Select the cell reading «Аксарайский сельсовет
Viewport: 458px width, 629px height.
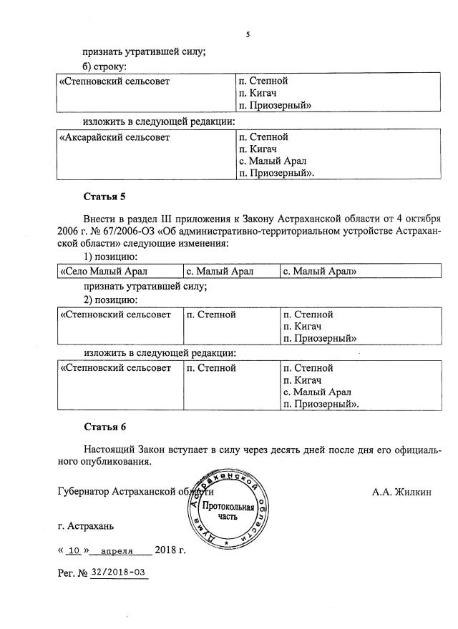point(114,137)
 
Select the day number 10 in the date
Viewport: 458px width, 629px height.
point(74,551)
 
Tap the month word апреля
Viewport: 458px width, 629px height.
point(117,551)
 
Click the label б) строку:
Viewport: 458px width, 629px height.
point(104,66)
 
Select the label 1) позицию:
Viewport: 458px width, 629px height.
point(111,256)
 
